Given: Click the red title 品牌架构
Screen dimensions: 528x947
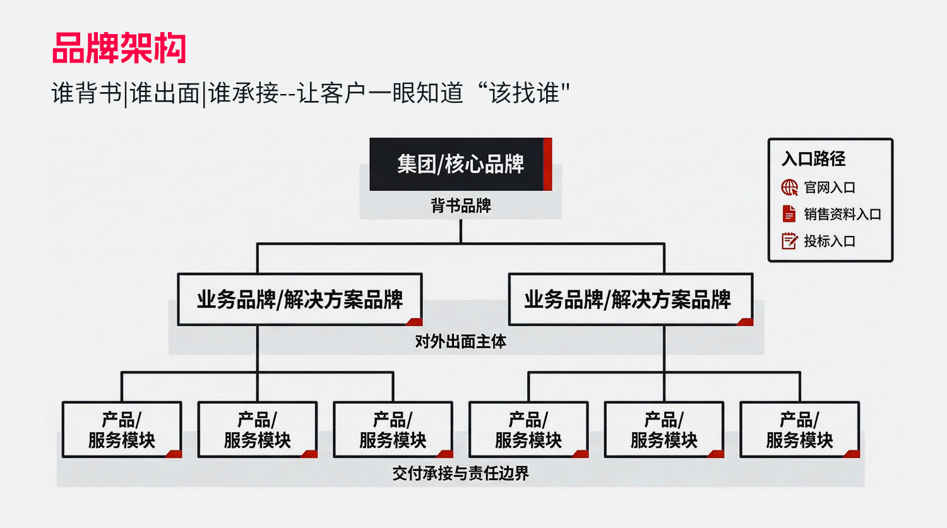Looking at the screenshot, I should click(119, 48).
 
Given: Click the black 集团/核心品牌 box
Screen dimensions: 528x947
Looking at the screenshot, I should click(460, 164).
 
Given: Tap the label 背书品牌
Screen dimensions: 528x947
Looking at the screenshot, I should click(460, 206).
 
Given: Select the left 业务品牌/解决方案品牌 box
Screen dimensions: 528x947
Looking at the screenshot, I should click(299, 300).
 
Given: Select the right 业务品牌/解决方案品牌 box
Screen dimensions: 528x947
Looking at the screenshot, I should click(630, 300).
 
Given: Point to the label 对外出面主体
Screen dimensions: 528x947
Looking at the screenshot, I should click(460, 342).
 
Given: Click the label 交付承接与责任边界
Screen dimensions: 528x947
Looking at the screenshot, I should click(460, 473).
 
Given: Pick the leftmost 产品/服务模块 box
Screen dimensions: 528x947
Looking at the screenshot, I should click(122, 430).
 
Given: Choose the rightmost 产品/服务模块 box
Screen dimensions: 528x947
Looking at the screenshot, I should click(799, 430).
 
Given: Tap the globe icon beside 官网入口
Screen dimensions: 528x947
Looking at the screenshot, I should click(789, 187).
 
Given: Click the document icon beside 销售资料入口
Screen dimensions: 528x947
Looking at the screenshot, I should click(789, 214).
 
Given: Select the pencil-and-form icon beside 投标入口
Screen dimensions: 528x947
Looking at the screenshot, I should click(789, 241).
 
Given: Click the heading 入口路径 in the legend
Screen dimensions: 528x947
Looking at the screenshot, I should click(813, 159).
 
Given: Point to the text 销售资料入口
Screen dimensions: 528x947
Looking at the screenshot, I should click(842, 214).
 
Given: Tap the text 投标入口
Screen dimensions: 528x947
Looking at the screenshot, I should click(830, 241).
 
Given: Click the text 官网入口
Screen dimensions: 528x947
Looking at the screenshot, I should click(830, 187).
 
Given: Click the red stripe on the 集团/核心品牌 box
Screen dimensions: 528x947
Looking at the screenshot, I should click(547, 164).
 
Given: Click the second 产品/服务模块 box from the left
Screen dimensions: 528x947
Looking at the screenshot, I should click(258, 430).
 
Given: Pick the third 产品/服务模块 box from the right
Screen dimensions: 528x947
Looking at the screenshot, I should click(528, 430).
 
